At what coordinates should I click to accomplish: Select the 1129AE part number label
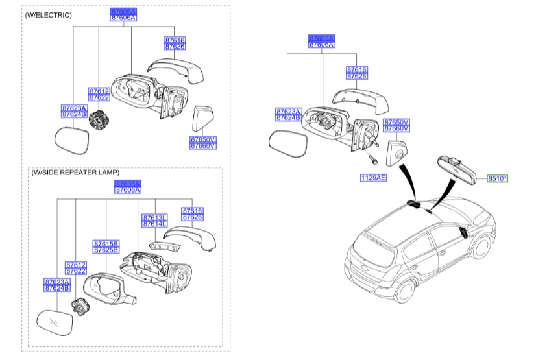pos(373,176)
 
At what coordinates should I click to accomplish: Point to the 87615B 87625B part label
pos(105,246)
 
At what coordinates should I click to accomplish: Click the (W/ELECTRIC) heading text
pos(49,14)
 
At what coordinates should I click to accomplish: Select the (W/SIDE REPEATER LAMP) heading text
pos(75,173)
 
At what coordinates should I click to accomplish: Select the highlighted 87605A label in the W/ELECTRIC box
pos(123,12)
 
